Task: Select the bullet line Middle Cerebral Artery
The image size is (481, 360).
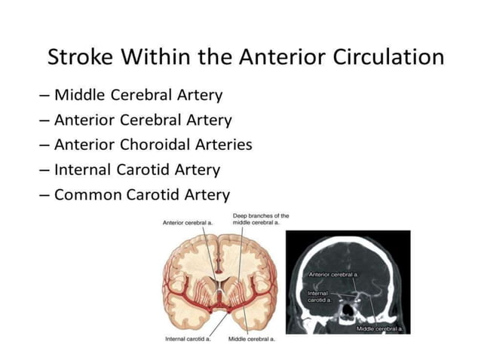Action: point(138,95)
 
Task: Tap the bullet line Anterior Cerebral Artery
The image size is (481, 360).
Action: point(143,120)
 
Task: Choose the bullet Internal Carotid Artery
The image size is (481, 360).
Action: point(138,169)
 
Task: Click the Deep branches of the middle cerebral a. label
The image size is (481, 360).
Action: point(260,219)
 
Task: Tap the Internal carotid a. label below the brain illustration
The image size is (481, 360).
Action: point(187,339)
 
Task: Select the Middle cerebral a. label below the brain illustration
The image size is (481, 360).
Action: point(251,339)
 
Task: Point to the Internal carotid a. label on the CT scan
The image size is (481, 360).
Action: point(317,296)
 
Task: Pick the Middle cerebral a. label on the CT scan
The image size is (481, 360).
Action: point(380,329)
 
